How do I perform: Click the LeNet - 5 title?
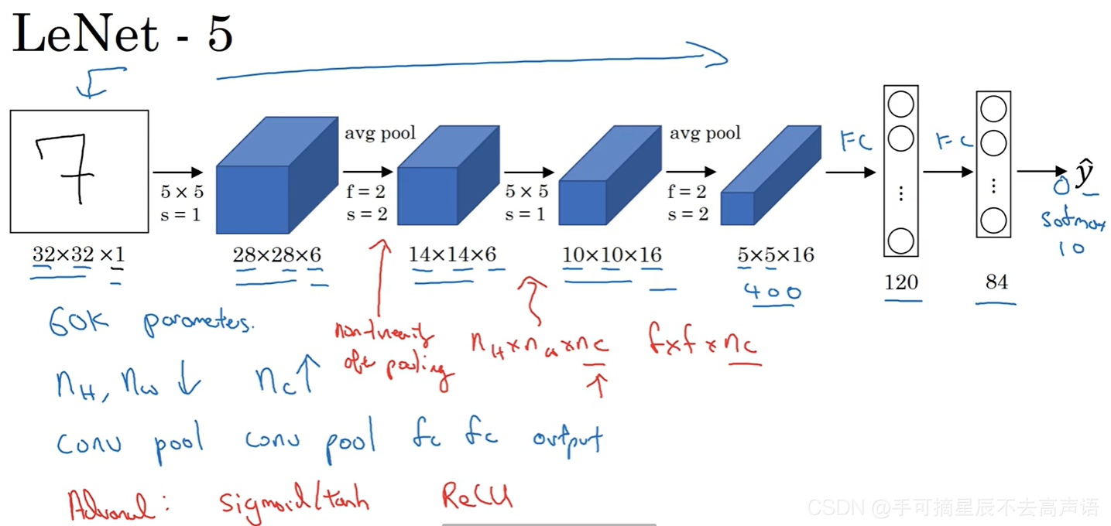[x=122, y=36]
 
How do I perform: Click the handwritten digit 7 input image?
[x=79, y=171]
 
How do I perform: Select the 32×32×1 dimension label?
[x=77, y=254]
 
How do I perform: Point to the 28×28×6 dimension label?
[x=277, y=254]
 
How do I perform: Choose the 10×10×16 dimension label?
[x=611, y=254]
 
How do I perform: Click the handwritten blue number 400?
[x=772, y=292]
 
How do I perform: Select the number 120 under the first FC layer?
[x=901, y=282]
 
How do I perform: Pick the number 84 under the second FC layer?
[x=996, y=282]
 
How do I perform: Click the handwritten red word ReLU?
[x=477, y=496]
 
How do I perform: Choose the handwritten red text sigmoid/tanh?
[x=294, y=499]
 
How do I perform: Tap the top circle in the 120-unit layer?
[x=900, y=104]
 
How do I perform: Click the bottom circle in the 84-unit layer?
[x=993, y=221]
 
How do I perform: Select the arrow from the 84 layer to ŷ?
[x=1041, y=172]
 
